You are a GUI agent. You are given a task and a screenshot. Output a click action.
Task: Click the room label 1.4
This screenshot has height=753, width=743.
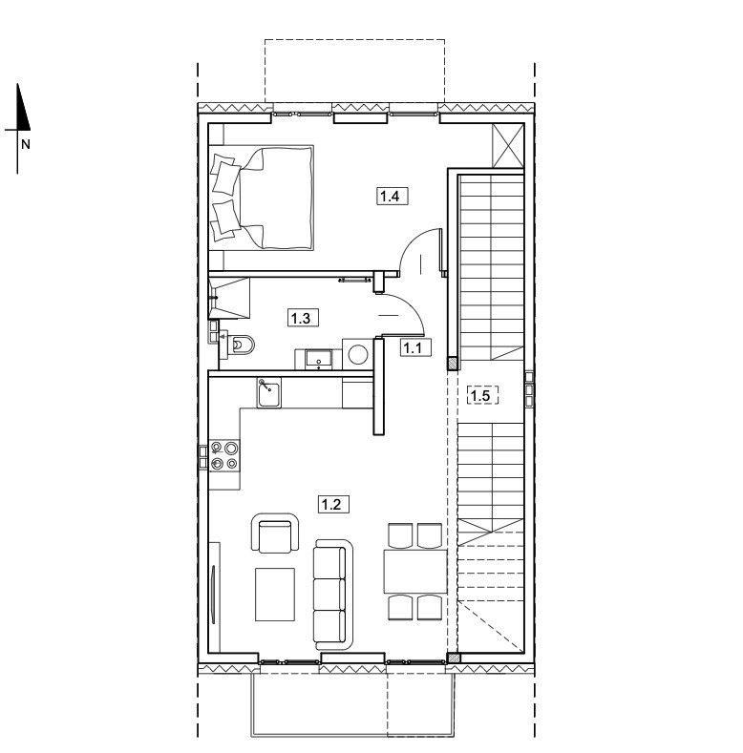tap(392, 196)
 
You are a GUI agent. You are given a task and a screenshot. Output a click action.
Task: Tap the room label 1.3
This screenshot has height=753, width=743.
tap(303, 318)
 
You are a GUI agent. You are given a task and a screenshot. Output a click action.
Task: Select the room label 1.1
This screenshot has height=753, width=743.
tap(415, 347)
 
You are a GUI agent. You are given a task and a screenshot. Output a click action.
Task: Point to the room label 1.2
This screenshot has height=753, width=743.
tap(333, 505)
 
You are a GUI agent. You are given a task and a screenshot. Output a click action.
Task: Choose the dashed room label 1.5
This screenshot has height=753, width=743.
tap(482, 396)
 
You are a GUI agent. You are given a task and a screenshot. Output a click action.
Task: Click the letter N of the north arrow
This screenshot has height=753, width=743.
tap(26, 143)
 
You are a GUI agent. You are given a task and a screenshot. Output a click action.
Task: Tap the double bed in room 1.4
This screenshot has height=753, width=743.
tap(262, 198)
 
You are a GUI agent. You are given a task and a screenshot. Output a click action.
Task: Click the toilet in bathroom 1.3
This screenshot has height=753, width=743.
tap(242, 345)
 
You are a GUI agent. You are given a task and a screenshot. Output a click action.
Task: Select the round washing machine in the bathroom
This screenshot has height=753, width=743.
tap(358, 354)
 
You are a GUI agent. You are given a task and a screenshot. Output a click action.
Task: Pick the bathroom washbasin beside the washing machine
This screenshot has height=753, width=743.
tap(319, 359)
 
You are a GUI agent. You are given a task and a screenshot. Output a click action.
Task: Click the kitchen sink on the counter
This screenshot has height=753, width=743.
tap(269, 392)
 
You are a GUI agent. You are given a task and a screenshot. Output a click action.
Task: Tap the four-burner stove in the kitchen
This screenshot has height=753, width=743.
tap(224, 455)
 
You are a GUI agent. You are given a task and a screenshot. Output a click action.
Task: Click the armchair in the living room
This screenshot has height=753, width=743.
tap(275, 533)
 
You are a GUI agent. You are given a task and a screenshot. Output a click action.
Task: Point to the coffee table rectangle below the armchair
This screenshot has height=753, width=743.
tap(275, 595)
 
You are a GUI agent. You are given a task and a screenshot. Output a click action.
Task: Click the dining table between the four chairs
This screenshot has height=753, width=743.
tap(415, 572)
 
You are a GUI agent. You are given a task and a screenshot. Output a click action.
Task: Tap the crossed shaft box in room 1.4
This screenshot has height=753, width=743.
tap(507, 145)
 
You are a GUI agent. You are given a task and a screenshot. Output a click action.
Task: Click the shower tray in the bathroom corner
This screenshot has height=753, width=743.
tap(229, 298)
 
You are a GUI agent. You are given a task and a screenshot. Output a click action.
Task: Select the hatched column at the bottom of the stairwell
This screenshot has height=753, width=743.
tap(453, 658)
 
